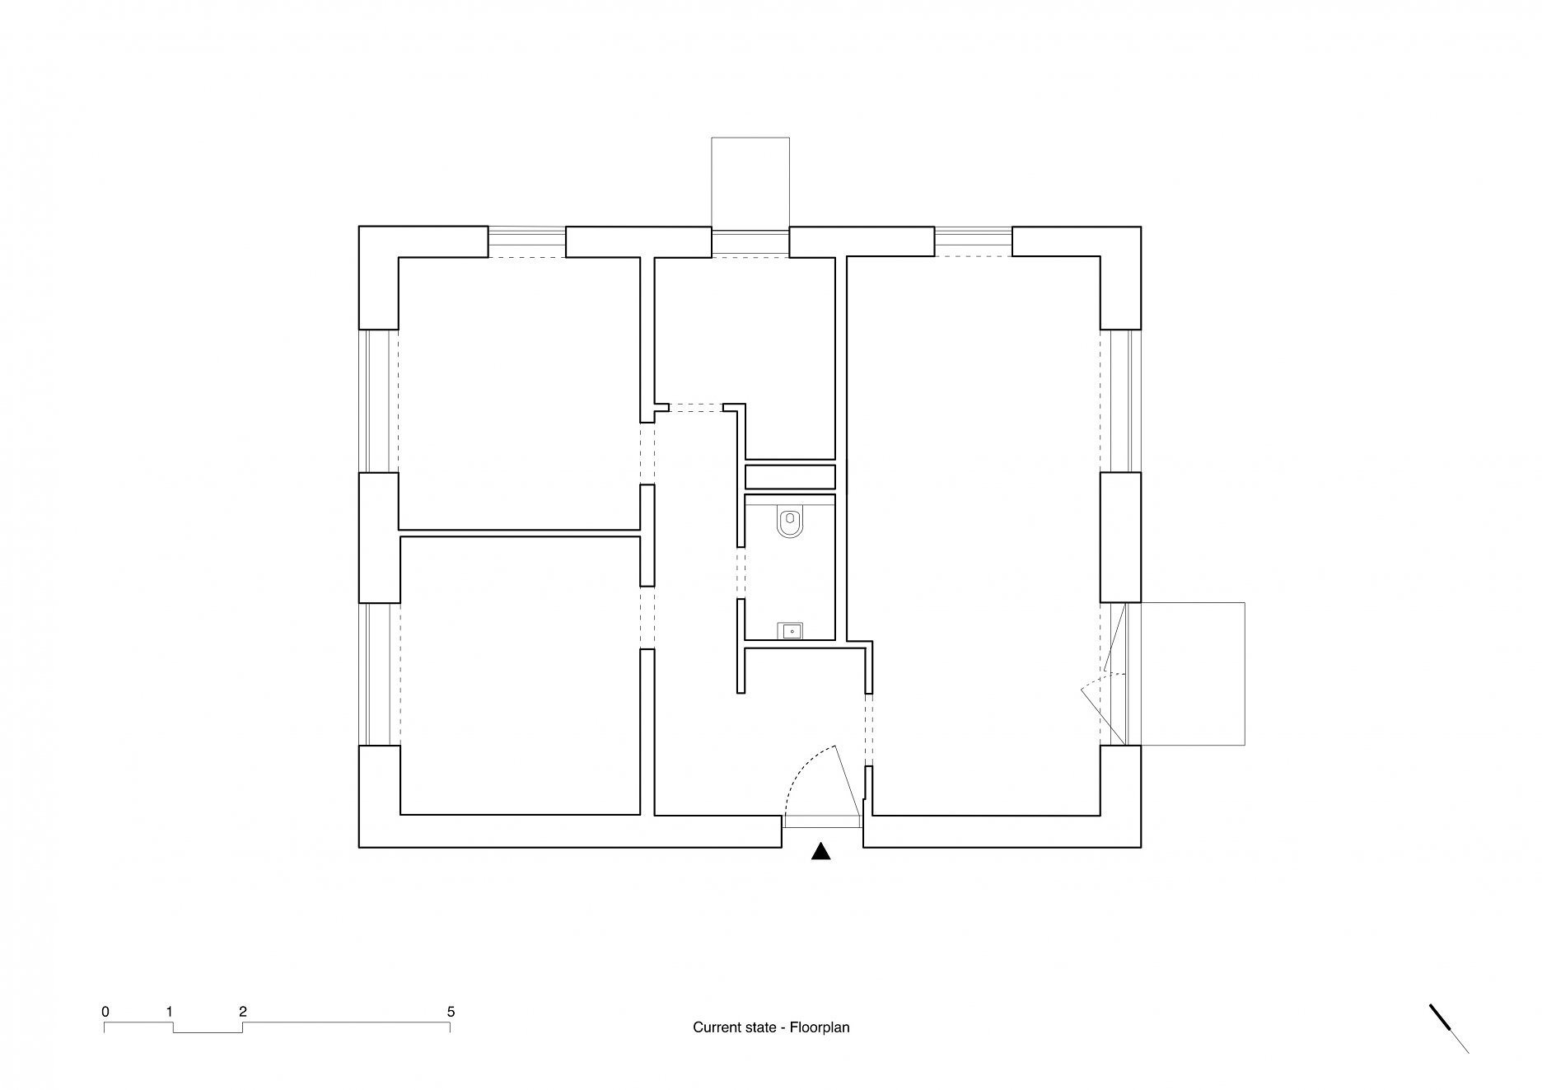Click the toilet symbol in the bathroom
pos(790,523)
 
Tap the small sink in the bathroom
pos(791,632)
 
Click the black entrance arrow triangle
pos(820,852)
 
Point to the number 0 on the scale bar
pos(105,1011)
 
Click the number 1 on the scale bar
pos(169,1011)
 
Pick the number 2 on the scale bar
pos(242,1011)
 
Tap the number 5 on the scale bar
pos(450,1011)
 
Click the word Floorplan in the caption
pos(820,1027)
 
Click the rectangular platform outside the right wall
pos(1185,674)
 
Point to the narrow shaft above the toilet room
pos(790,477)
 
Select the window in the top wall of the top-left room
pos(527,242)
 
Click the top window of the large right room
pos(974,242)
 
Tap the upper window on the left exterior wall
pos(379,400)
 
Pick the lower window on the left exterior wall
pos(379,674)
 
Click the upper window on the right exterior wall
pos(1121,400)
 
